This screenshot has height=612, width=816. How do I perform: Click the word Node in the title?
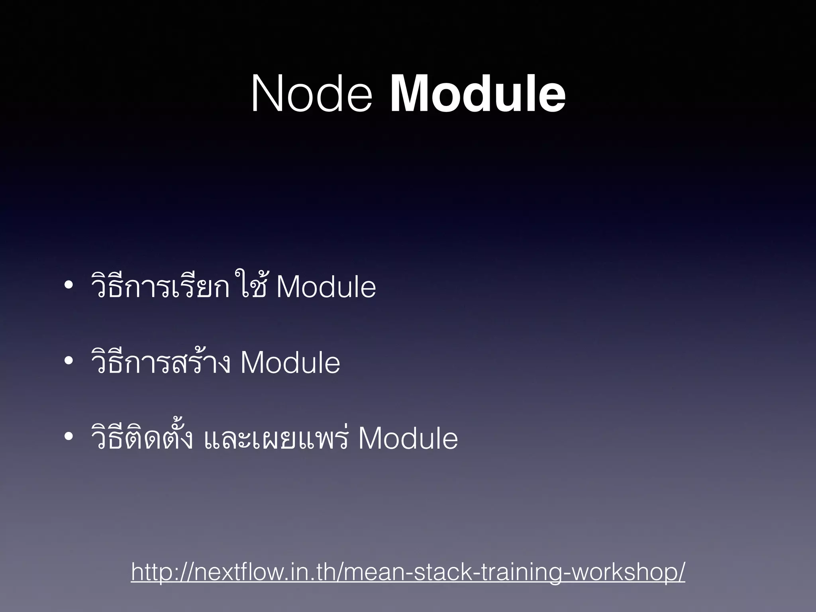[311, 95]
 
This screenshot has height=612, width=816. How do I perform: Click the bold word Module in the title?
[477, 95]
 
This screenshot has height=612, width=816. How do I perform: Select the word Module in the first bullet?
[326, 287]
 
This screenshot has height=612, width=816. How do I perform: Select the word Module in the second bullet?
[290, 363]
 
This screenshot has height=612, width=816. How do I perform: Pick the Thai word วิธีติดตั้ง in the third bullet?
[142, 437]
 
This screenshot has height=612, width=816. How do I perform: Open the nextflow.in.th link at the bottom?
[408, 572]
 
